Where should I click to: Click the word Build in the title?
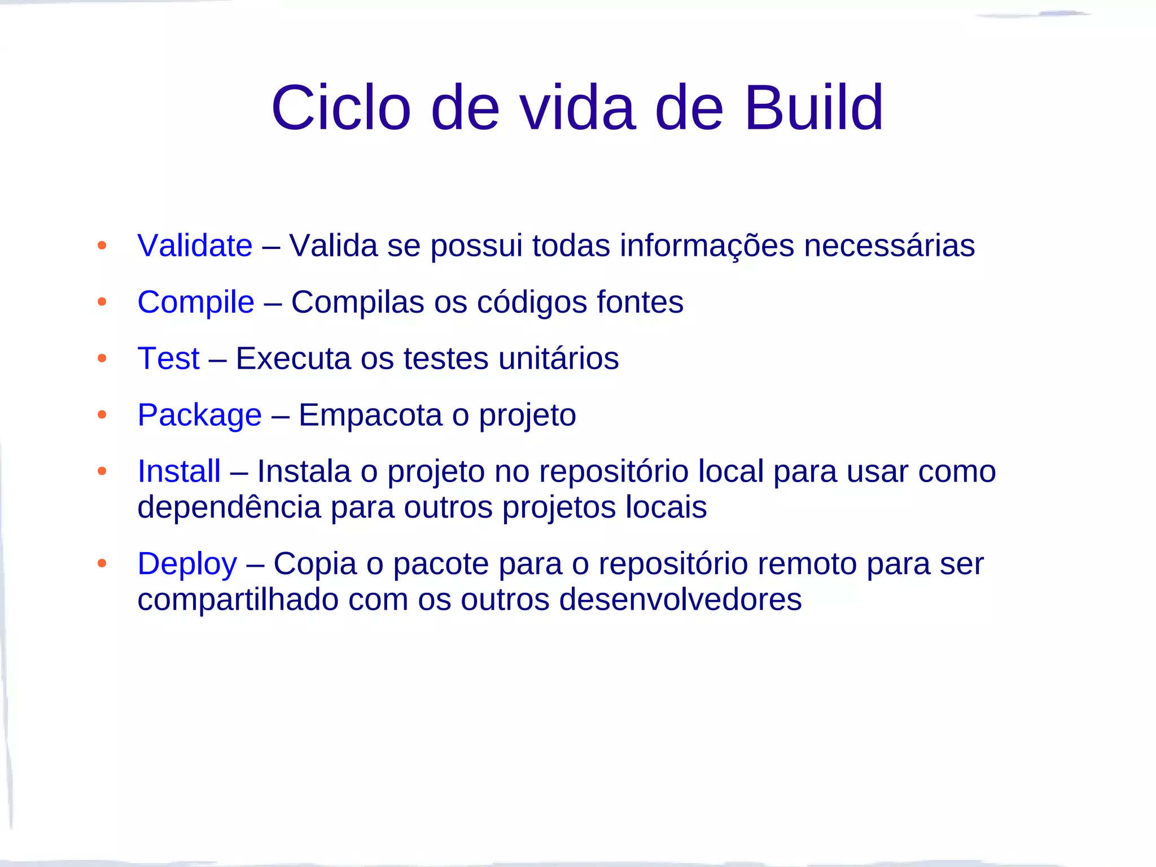pyautogui.click(x=813, y=107)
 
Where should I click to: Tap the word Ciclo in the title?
pyautogui.click(x=341, y=107)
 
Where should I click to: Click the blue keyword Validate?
pyautogui.click(x=195, y=246)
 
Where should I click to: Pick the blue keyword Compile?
pyautogui.click(x=196, y=302)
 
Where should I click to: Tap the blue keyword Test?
pyautogui.click(x=168, y=358)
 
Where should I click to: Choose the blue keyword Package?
pyautogui.click(x=199, y=415)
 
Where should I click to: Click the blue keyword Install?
pyautogui.click(x=179, y=471)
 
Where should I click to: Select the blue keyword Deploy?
pyautogui.click(x=187, y=564)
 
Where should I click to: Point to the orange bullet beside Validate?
pyautogui.click(x=102, y=246)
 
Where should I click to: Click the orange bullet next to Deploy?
pyautogui.click(x=102, y=563)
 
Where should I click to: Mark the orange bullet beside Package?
pyautogui.click(x=102, y=415)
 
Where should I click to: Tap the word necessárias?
pyautogui.click(x=889, y=246)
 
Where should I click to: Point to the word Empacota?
pyautogui.click(x=370, y=415)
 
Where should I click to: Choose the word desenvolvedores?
pyautogui.click(x=680, y=599)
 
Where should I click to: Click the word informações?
pyautogui.click(x=707, y=246)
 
